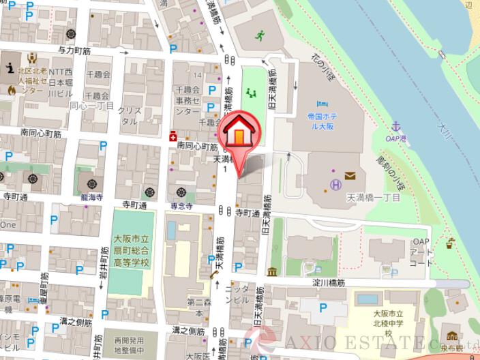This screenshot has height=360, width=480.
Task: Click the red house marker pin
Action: (x=238, y=134)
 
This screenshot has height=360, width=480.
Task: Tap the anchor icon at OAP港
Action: (x=395, y=126)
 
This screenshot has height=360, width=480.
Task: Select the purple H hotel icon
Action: (x=335, y=183)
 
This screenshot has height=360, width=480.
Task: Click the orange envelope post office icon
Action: (x=350, y=176)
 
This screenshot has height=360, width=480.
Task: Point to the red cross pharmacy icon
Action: (x=174, y=134)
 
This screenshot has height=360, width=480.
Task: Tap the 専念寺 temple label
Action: (x=181, y=204)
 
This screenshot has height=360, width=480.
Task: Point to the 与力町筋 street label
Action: (x=74, y=50)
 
